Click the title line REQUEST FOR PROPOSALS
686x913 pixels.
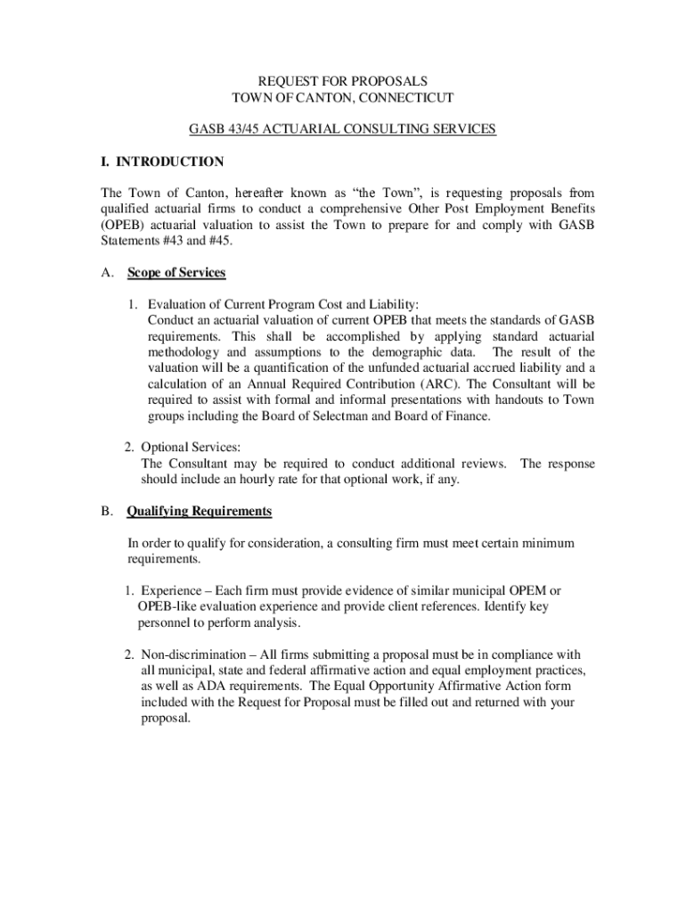(343, 80)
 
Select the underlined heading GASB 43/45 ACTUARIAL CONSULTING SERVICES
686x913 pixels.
(343, 129)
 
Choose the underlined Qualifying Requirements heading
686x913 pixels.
(200, 512)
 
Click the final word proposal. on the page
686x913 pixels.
(166, 719)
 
